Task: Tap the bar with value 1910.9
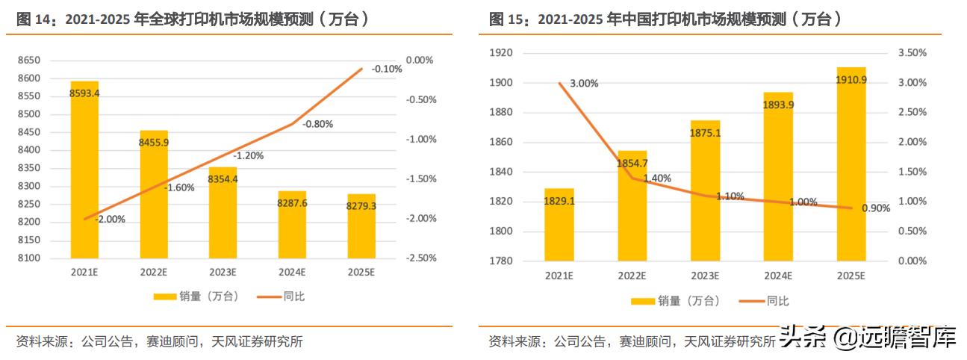tap(851, 164)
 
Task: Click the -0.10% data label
tap(387, 69)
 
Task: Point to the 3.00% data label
tap(584, 84)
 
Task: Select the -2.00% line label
tap(111, 220)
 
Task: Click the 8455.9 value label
tap(154, 143)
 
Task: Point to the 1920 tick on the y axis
tap(501, 53)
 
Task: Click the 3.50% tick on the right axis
tap(912, 53)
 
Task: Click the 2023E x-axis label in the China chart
tap(705, 276)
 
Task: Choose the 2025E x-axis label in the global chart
tap(361, 273)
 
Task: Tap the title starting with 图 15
tap(665, 20)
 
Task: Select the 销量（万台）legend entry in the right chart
tap(677, 301)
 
